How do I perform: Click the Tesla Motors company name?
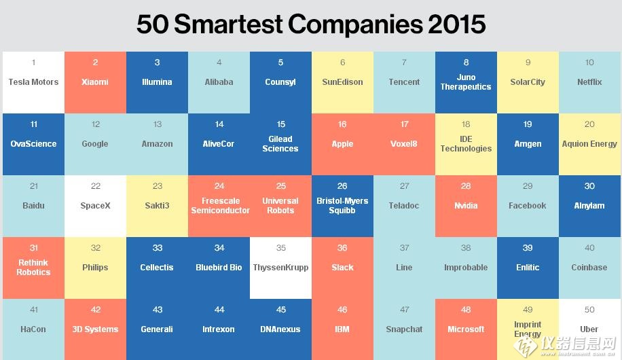(x=33, y=82)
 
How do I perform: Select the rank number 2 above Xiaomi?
(x=95, y=62)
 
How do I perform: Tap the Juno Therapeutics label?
(x=466, y=82)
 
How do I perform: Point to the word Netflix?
(x=589, y=82)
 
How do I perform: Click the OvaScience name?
(x=33, y=144)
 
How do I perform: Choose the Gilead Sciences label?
(x=280, y=144)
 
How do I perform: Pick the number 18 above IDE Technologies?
(x=466, y=124)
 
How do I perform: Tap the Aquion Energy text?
(x=589, y=144)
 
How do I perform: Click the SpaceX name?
(x=95, y=206)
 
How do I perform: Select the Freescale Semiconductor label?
(x=219, y=206)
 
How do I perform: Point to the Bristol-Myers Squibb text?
(x=342, y=206)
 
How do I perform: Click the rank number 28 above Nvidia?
(x=466, y=186)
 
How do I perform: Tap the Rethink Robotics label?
(x=33, y=268)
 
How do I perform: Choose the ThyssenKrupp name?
(x=280, y=268)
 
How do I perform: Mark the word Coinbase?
(x=589, y=268)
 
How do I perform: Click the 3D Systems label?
(x=95, y=329)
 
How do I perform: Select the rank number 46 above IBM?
(x=342, y=310)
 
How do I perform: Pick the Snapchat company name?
(x=404, y=329)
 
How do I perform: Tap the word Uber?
(x=589, y=329)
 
